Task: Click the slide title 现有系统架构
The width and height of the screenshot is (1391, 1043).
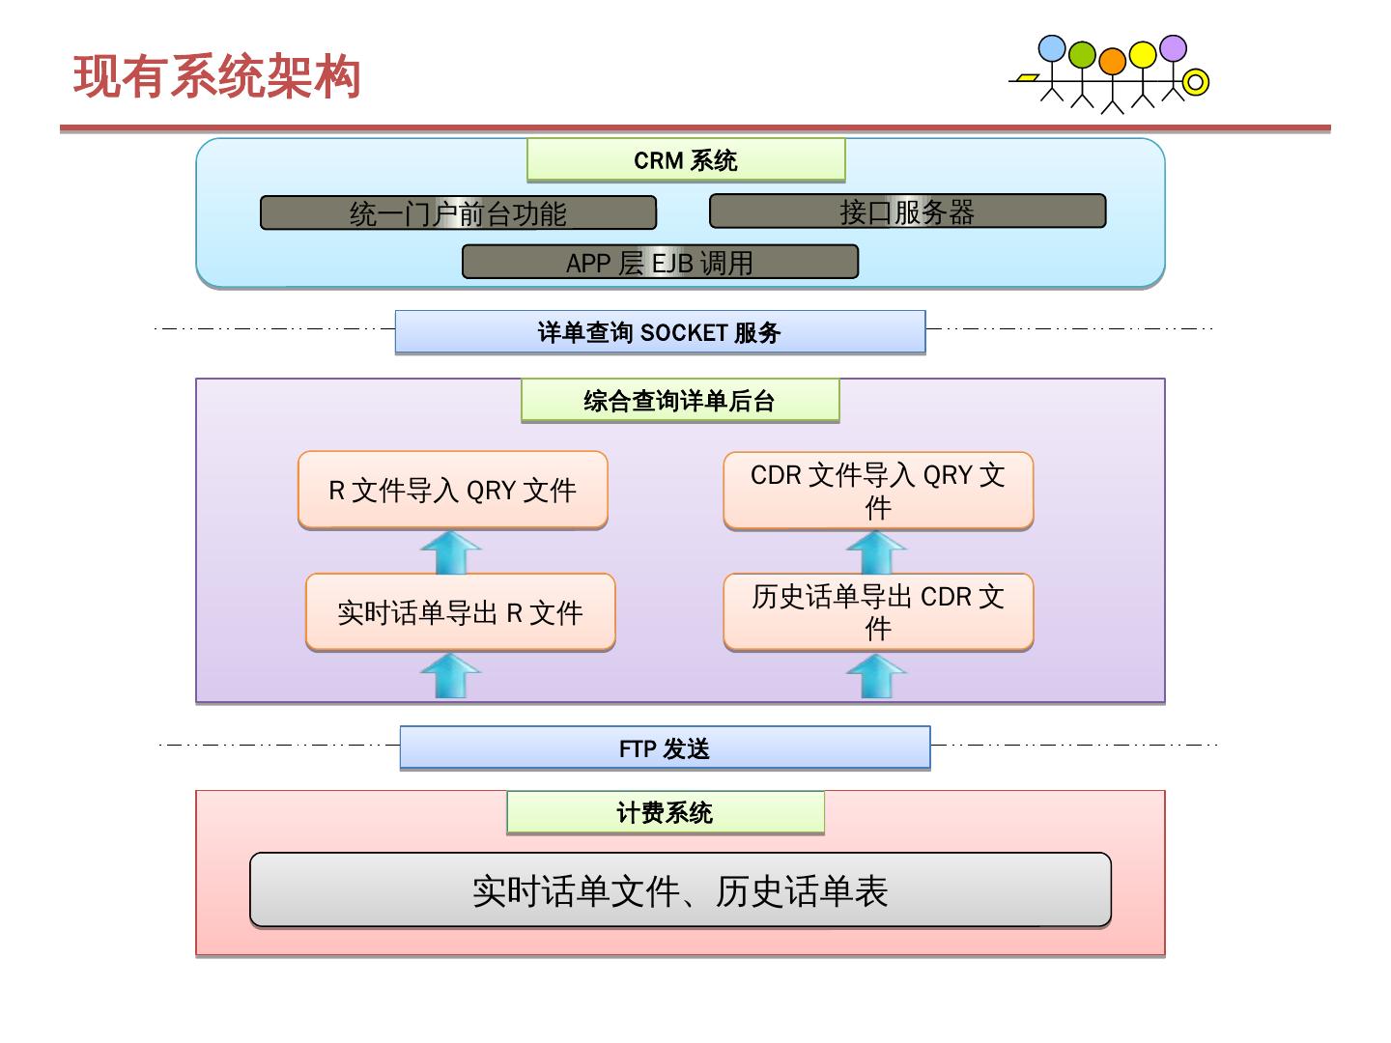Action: (217, 77)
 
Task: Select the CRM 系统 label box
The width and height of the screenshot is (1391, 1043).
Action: (686, 160)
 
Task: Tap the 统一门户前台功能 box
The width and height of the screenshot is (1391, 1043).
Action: (458, 213)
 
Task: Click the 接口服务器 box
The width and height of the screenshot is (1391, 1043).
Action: (907, 211)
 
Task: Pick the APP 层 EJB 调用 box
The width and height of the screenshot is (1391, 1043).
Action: (660, 262)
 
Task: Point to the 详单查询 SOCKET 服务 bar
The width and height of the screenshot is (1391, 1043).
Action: (660, 332)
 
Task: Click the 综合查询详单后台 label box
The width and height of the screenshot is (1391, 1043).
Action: (680, 401)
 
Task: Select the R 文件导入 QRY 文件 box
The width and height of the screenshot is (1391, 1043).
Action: (452, 490)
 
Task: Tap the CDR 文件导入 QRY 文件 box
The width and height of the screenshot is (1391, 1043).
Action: (878, 491)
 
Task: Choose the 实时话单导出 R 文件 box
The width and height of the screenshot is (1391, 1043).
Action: (460, 612)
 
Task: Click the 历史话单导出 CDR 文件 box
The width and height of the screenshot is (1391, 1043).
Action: (878, 612)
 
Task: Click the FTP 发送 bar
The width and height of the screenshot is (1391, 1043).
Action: (665, 748)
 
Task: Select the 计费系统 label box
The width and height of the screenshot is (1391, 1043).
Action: (665, 813)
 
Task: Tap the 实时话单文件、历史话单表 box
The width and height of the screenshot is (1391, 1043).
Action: (680, 890)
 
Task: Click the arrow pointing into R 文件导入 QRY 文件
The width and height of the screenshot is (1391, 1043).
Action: (451, 552)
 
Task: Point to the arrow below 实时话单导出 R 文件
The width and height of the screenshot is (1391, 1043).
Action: (451, 675)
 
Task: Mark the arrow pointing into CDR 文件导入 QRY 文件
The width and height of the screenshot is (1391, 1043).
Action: (876, 552)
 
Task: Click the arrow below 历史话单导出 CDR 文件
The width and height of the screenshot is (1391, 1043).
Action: (876, 675)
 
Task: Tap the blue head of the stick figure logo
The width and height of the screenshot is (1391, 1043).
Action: (1052, 49)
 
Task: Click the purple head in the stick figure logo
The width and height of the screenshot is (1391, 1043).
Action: (1173, 47)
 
